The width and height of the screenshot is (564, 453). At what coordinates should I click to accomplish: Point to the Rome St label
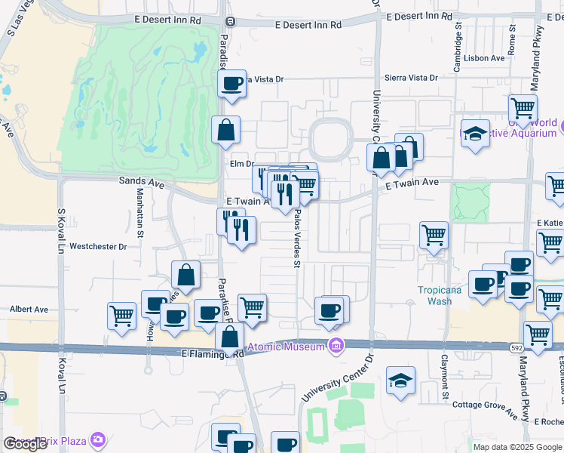[511, 39]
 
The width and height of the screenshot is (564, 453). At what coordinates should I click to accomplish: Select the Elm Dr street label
[241, 164]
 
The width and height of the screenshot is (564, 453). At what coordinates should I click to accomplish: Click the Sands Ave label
[142, 181]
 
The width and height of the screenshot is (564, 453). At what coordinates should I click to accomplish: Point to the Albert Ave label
[29, 310]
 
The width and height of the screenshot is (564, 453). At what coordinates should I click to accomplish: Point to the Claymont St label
[445, 377]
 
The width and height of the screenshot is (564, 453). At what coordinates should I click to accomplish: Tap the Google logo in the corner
[25, 444]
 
